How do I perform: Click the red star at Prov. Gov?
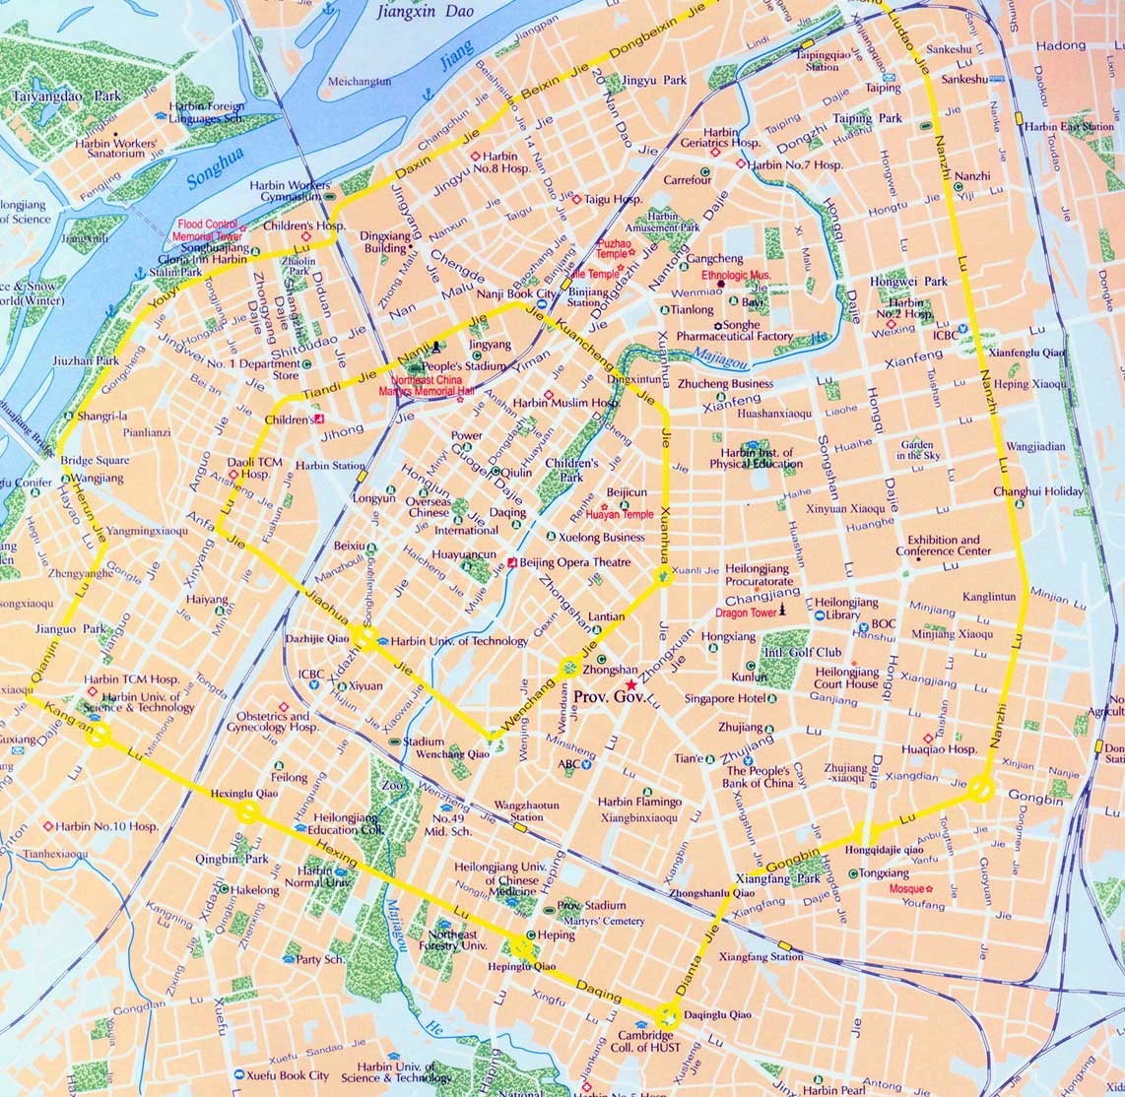(x=630, y=685)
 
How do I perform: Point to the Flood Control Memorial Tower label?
(x=209, y=230)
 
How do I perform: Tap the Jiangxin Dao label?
(x=425, y=12)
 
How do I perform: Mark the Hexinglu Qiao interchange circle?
(x=247, y=810)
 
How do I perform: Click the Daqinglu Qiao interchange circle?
(x=668, y=1015)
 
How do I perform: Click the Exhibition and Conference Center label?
(x=943, y=546)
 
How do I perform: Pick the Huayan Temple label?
(x=619, y=514)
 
